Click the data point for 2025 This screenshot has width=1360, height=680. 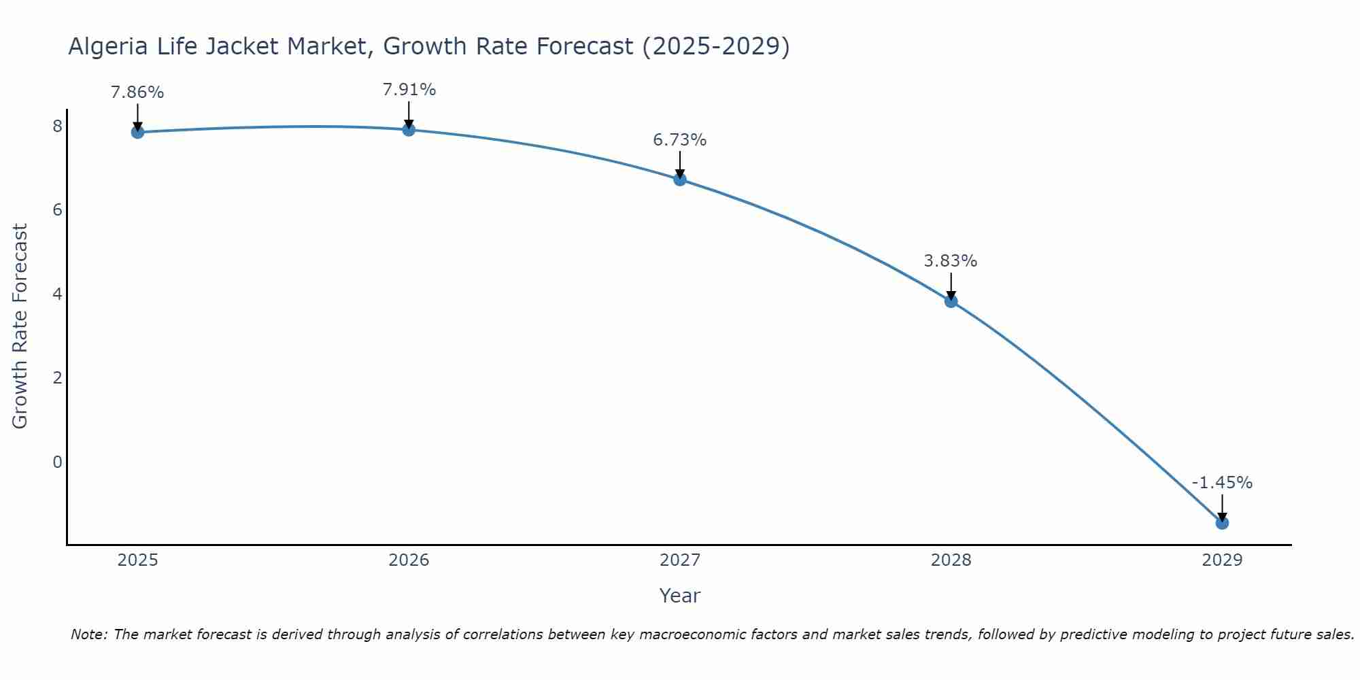[137, 132]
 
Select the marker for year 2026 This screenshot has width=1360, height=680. [409, 129]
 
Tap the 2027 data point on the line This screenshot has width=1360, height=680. [680, 180]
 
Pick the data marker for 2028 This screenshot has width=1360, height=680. [951, 301]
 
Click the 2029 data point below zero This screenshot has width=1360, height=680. [1222, 523]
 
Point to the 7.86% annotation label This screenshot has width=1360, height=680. [137, 92]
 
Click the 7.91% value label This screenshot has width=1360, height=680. [409, 90]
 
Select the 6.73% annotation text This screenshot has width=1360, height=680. [680, 140]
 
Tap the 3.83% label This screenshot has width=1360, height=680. [951, 261]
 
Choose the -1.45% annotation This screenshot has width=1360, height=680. [1222, 483]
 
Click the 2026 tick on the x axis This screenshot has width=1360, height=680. [409, 560]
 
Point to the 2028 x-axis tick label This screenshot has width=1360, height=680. [951, 560]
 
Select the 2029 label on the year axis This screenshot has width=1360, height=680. [1222, 560]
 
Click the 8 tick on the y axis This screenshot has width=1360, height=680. [57, 126]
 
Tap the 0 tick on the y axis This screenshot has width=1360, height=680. [57, 462]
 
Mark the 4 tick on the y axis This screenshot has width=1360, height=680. [57, 294]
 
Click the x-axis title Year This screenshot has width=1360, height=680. [680, 596]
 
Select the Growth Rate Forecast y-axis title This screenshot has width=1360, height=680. [20, 326]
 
